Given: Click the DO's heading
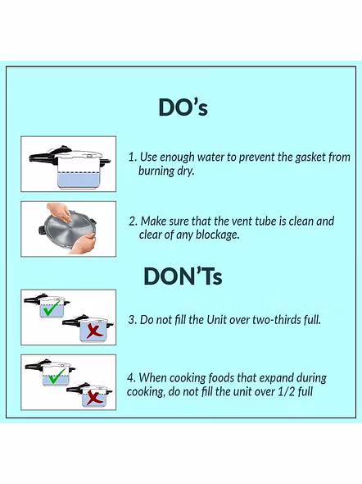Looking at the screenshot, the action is coord(183,107).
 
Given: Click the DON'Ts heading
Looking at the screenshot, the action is coord(183,276).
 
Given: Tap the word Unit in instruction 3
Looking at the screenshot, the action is coord(217,320).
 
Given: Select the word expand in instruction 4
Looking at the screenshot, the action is coord(263,378).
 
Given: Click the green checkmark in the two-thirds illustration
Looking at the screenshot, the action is coord(52,309).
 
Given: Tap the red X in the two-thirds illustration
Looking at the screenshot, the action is coord(94,331).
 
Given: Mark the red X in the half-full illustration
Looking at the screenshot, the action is coord(94,397).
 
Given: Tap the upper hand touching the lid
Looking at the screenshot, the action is coord(61,212).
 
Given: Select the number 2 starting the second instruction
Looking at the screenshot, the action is coord(133,221).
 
